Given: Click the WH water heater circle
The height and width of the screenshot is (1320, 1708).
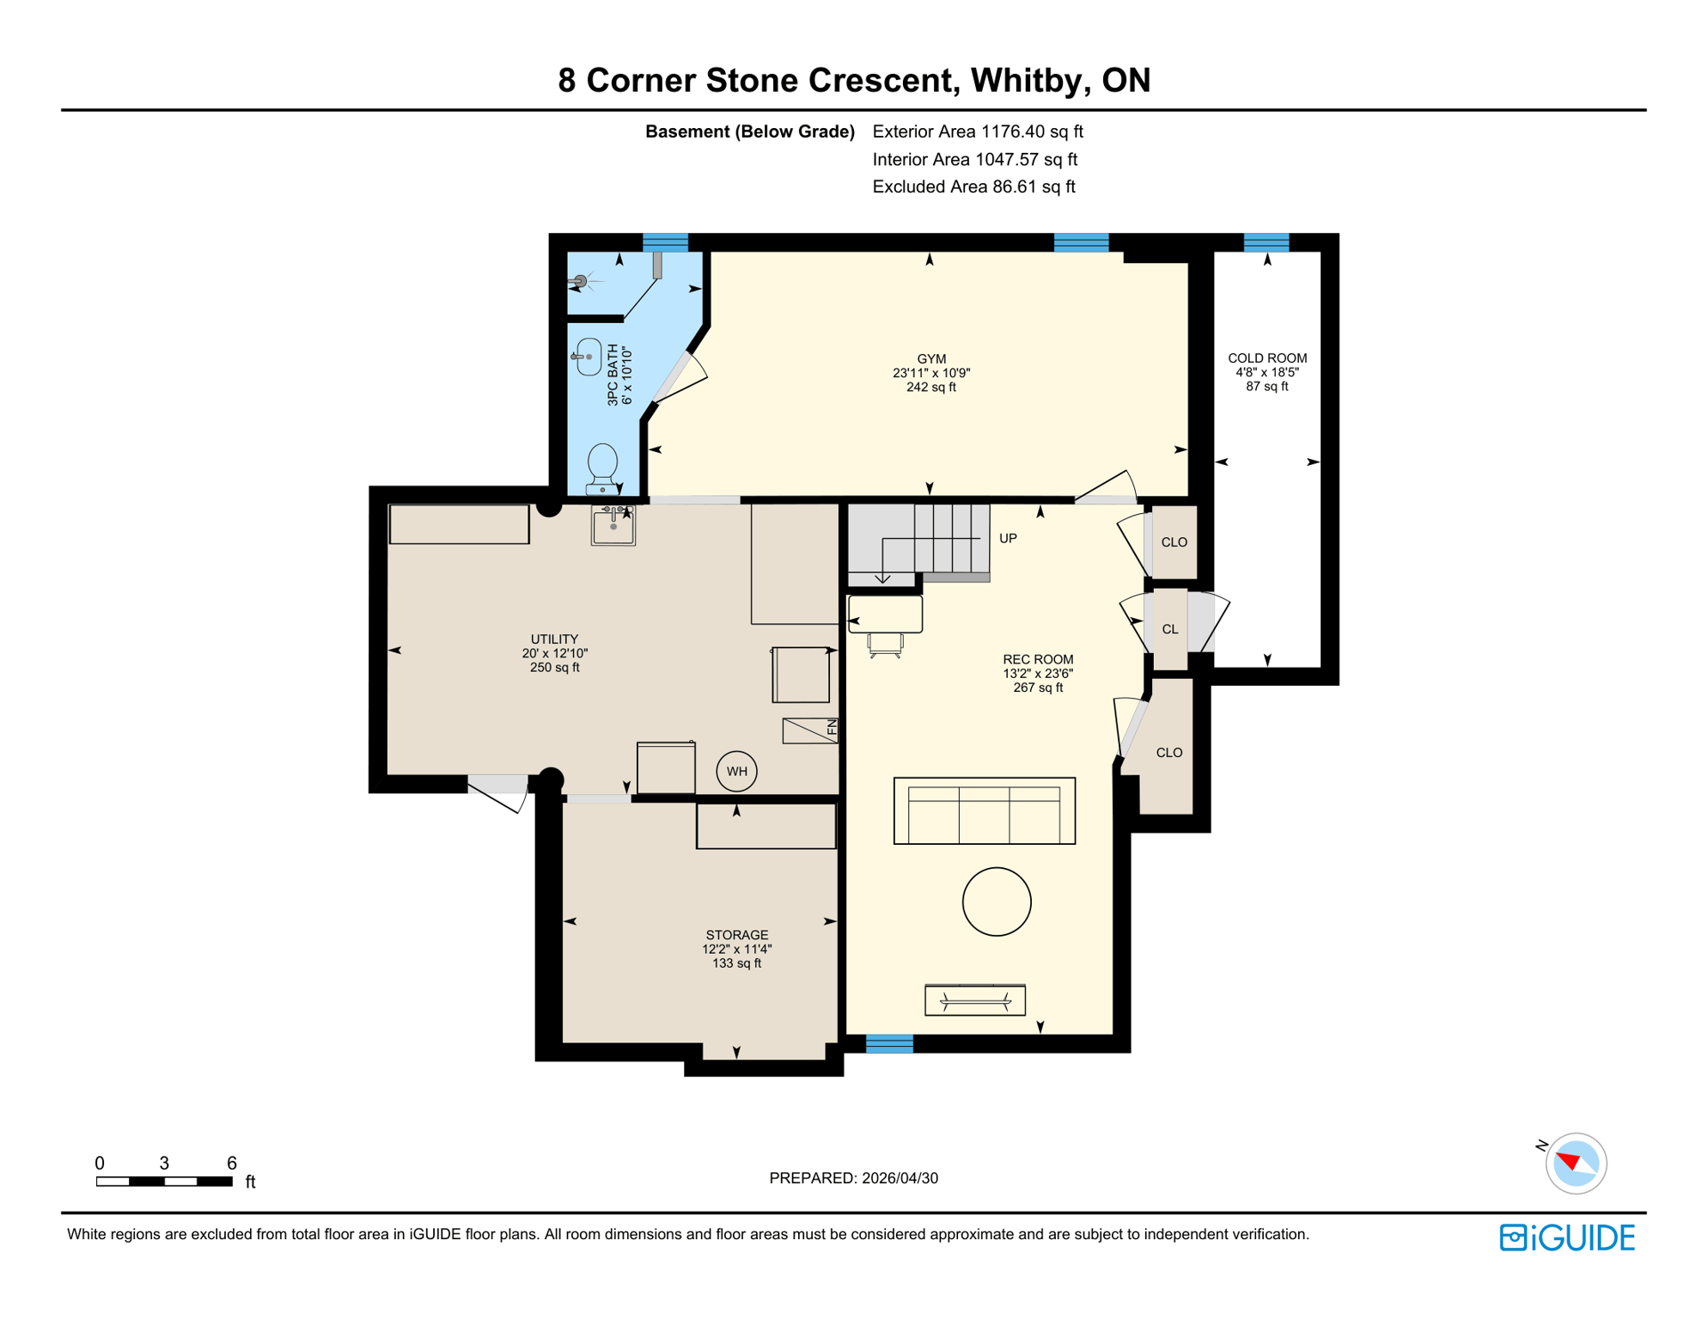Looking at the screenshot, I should [736, 771].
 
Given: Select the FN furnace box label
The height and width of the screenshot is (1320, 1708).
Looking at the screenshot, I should [831, 729].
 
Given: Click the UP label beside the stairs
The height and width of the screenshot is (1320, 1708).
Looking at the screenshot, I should [1008, 538].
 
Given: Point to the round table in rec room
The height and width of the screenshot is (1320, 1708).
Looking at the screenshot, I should [997, 901].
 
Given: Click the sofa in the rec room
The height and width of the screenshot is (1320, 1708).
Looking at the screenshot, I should [984, 811].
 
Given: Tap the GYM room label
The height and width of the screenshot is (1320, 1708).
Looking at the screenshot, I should [931, 359].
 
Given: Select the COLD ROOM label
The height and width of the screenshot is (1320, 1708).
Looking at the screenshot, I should [1266, 358].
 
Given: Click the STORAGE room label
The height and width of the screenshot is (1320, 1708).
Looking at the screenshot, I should [736, 935].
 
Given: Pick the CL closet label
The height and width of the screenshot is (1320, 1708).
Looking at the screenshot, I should [1169, 629].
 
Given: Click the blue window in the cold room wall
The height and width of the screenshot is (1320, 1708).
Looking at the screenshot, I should [1266, 242].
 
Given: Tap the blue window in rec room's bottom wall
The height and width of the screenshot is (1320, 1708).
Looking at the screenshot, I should [889, 1044].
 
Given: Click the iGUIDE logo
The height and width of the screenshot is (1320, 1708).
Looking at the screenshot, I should [1567, 1237].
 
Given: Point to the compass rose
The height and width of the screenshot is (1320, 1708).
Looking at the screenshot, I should [1575, 1164].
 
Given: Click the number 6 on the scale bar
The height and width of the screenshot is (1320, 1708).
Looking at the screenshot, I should [231, 1163].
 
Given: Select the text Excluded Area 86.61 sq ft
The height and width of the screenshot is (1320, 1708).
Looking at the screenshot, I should [973, 186].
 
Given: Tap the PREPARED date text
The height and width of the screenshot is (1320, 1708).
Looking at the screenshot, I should [853, 1177].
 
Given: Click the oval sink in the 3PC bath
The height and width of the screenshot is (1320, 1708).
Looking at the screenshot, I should [589, 357].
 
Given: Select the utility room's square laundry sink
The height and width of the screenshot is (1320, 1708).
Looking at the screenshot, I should [613, 526].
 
